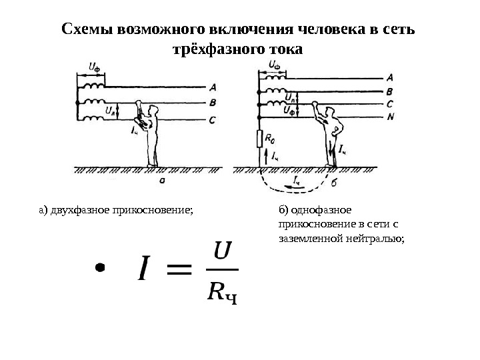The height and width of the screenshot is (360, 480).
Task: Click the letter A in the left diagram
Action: coord(212,87)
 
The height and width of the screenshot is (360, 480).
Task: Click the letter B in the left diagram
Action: coord(212,103)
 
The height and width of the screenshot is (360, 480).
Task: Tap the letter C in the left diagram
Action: coord(212,120)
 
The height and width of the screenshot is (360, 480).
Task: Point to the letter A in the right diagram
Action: coord(390,77)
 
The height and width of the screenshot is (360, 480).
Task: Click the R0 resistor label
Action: coord(270,138)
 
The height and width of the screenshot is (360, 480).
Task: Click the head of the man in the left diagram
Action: coord(153,109)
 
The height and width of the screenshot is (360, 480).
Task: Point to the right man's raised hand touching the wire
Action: coord(317,105)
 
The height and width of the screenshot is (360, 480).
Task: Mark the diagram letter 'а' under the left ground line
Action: coord(163,180)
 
